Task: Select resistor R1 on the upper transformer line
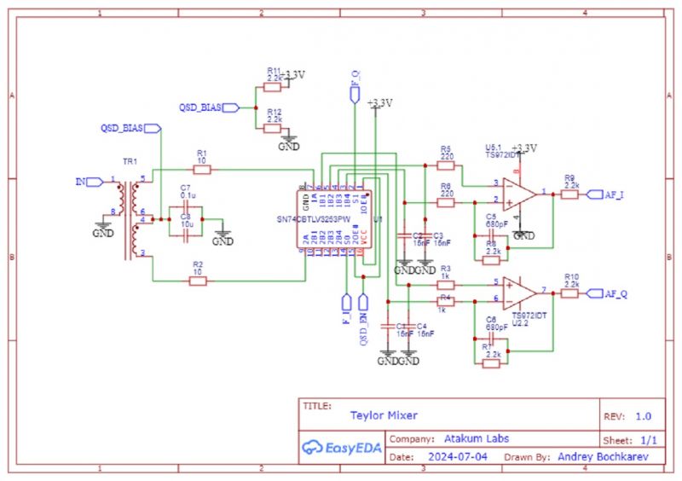[x=202, y=169]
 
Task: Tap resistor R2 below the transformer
[x=198, y=281]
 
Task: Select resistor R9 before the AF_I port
[x=571, y=194]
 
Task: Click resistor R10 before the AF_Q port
[x=571, y=293]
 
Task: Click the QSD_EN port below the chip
[x=364, y=304]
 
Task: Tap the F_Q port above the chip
[x=355, y=93]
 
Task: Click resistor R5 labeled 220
[x=445, y=164]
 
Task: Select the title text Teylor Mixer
[x=384, y=415]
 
